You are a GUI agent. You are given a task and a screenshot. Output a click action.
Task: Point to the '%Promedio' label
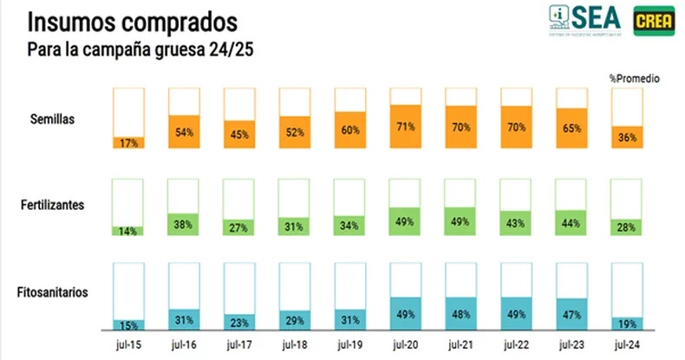click(x=634, y=78)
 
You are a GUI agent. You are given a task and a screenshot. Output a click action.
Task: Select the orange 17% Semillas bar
click(x=128, y=142)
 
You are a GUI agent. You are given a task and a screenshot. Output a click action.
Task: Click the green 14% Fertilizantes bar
click(x=128, y=231)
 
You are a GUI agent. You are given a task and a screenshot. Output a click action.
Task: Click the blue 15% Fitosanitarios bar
click(x=128, y=324)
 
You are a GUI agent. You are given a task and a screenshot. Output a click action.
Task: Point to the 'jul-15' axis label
click(x=128, y=344)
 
